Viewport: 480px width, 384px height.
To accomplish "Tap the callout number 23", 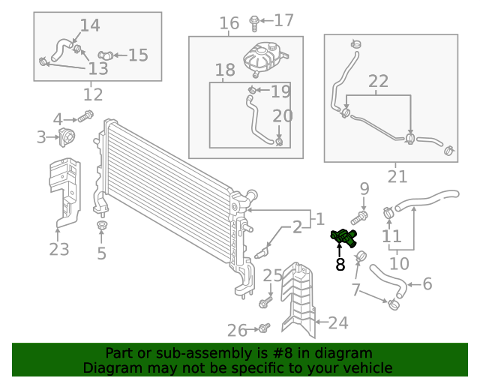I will [x=59, y=249].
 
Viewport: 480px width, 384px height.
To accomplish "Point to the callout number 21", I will [x=397, y=177].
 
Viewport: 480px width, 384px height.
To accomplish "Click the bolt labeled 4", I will [x=85, y=116].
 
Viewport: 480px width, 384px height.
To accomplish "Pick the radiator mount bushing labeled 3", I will [x=66, y=137].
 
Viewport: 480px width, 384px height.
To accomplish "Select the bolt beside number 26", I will [x=263, y=328].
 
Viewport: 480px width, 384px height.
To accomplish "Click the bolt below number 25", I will [x=265, y=303].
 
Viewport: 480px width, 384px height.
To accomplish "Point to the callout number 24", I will [x=338, y=323].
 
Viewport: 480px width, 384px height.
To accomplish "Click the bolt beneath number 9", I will [x=358, y=217].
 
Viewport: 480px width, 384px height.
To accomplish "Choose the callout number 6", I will [x=427, y=283].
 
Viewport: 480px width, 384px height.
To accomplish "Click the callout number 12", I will [x=93, y=95].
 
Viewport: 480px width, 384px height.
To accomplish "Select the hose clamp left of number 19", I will [x=251, y=92].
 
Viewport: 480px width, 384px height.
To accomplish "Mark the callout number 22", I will [x=378, y=81].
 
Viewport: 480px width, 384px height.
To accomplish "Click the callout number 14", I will [x=89, y=25].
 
